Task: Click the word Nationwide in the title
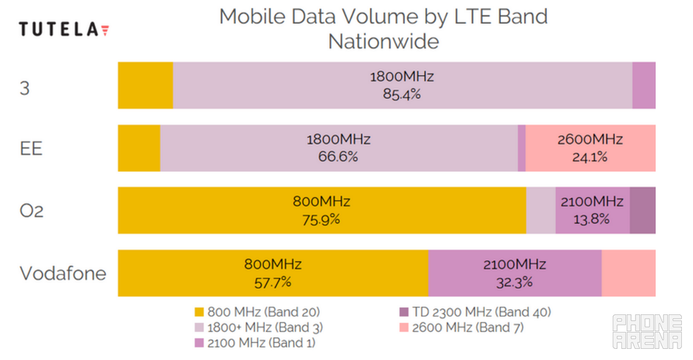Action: click(383, 41)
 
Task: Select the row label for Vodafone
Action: click(63, 274)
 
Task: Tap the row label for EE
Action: click(31, 148)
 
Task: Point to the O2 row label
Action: click(32, 211)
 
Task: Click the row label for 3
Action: click(24, 86)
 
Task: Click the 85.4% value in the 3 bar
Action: click(402, 94)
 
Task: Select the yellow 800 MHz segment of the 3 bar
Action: click(145, 86)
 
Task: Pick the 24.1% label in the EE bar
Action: click(590, 156)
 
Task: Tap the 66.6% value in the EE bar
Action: click(338, 156)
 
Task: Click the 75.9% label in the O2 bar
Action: click(320, 218)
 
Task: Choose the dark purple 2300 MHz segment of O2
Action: click(642, 210)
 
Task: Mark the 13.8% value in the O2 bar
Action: click(592, 218)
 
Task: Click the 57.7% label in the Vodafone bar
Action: click(273, 281)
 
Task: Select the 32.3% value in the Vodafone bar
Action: click(514, 281)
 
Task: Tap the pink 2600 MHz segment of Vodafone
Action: click(628, 273)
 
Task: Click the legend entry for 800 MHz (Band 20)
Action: click(257, 311)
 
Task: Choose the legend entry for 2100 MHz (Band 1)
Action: click(255, 342)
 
